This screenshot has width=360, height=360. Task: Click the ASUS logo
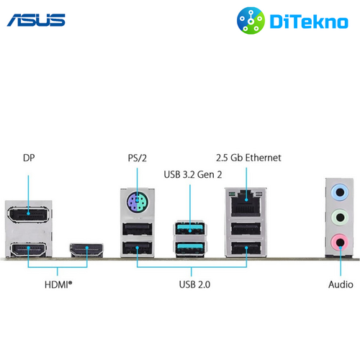[36, 20]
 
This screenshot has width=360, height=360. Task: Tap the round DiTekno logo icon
[251, 21]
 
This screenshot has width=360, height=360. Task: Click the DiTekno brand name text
[309, 22]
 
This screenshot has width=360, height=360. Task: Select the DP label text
[29, 158]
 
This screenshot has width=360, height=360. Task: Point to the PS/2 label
[137, 158]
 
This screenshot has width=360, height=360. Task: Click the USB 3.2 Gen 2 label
[193, 175]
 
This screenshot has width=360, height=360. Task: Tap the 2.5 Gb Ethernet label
[248, 158]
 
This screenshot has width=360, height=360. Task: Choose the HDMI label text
[58, 284]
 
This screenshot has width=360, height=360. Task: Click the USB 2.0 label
[194, 284]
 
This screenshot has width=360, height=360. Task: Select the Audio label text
[341, 284]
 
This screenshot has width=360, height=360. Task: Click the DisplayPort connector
[29, 214]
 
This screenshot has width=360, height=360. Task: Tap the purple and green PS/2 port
[138, 202]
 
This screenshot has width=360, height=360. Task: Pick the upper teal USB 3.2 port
[190, 228]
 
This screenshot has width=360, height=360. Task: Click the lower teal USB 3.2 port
[190, 248]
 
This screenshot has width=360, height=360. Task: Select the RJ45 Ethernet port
[246, 203]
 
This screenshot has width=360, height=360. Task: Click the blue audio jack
[340, 192]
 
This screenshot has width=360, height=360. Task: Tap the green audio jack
[340, 217]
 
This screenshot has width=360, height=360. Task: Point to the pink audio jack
[340, 242]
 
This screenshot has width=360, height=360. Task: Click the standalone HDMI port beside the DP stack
[86, 250]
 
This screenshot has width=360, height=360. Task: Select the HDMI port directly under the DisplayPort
[28, 249]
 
